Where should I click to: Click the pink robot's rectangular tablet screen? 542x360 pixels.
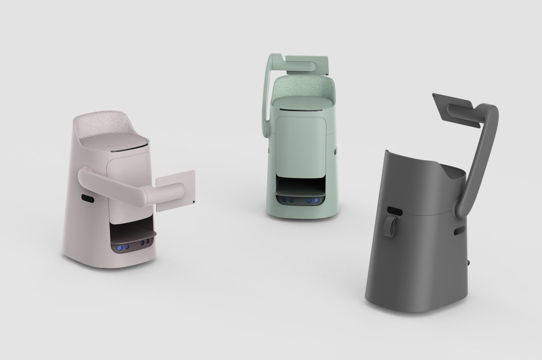click(x=175, y=191)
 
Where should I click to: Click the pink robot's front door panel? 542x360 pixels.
click(x=125, y=169)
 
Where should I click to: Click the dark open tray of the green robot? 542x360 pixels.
click(x=299, y=186)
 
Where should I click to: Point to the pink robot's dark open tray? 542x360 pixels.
click(x=131, y=233)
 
